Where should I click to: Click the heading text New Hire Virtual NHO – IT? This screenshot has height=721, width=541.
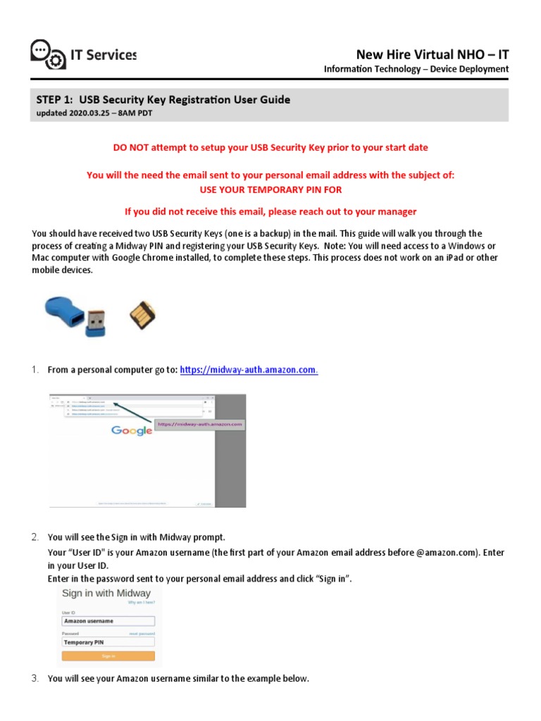pos(432,55)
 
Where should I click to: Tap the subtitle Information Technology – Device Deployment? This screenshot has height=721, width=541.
pos(416,69)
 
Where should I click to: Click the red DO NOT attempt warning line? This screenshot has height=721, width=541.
pos(270,147)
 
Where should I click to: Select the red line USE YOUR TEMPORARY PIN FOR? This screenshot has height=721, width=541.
pos(270,190)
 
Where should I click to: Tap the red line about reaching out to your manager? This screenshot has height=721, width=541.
pos(270,211)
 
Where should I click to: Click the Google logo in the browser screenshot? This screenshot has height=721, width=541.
pos(132,430)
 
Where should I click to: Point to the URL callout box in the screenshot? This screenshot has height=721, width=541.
pos(199,425)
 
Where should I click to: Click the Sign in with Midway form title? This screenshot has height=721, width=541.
pos(106,593)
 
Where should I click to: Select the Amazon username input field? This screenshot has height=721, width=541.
pos(108,621)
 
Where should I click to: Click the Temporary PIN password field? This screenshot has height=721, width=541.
pos(108,642)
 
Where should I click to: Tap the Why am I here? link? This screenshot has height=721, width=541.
pos(142,603)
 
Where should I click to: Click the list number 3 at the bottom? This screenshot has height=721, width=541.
pos(35,679)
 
